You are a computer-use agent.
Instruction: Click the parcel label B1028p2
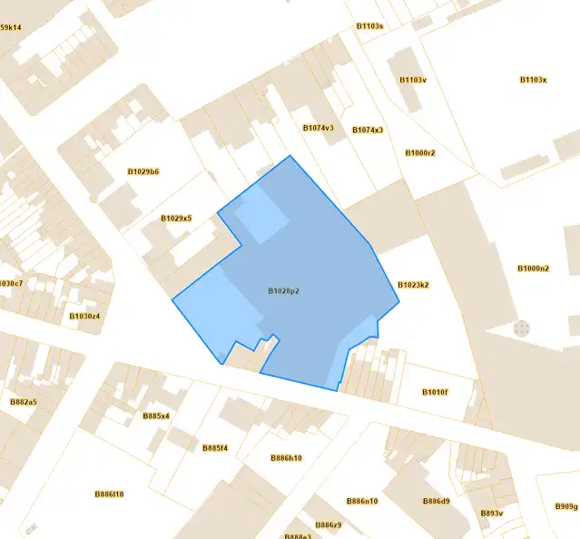pos(283,291)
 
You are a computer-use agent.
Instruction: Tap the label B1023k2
pos(413,285)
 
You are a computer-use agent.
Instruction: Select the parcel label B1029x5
pos(176,218)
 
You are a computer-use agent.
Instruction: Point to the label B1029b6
pos(143,171)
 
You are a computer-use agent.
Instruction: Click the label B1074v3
pos(318,128)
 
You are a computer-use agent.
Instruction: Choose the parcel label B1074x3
pos(368,130)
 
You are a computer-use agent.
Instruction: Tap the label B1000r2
pos(420,152)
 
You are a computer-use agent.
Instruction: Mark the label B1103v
pos(413,80)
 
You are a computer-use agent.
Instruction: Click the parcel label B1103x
pos(533,80)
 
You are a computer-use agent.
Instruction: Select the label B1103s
pos(369,26)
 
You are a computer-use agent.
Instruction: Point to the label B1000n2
pos(533,269)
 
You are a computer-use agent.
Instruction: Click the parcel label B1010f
pos(435,392)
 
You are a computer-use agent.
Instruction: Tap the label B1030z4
pos(84,317)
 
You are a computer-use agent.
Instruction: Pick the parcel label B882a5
pos(23,401)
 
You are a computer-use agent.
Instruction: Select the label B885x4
pos(156,416)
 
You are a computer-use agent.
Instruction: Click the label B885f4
pos(215,448)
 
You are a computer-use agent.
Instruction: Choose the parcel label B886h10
pos(286,458)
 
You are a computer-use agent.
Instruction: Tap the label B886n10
pos(362,501)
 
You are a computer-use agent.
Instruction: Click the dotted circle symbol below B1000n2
pos(521,328)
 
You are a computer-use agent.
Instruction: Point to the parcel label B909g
pos(566,506)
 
